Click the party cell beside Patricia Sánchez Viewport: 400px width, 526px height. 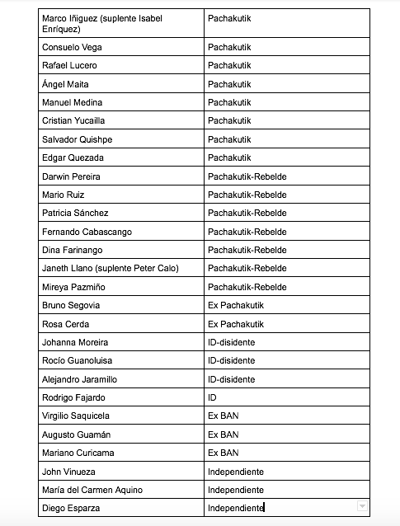tap(247, 214)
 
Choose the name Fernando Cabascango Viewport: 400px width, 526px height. tap(87, 232)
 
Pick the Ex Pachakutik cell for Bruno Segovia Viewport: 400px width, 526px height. tap(236, 305)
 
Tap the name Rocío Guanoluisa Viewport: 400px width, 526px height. tap(78, 360)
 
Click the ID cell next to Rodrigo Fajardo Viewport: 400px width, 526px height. tap(213, 397)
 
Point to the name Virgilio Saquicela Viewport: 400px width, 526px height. tap(76, 416)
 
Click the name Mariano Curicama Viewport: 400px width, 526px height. tap(78, 453)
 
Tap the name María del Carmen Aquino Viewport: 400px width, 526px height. tap(92, 490)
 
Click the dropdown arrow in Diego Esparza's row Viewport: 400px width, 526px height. tap(362, 507)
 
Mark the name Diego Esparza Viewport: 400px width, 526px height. tap(71, 508)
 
